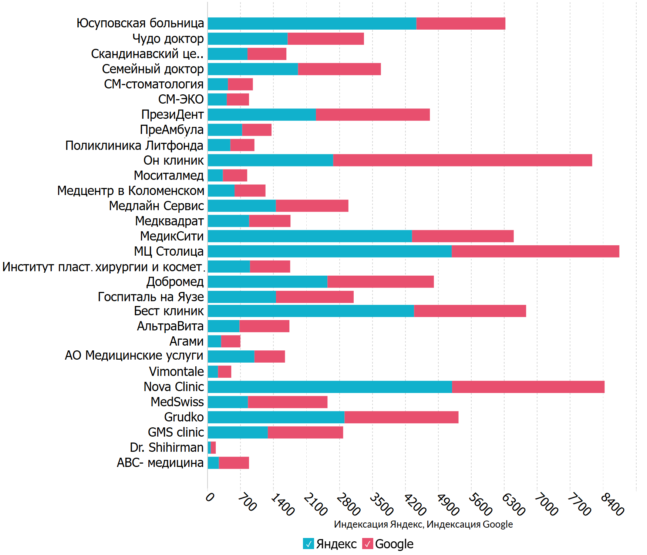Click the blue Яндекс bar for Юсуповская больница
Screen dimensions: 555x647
(312, 23)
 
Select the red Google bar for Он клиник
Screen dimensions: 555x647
(462, 160)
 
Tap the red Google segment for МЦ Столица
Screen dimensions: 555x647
(535, 251)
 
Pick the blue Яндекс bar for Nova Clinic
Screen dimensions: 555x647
(330, 387)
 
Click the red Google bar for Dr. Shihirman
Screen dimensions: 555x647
(213, 447)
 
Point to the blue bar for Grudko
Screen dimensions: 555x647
(276, 417)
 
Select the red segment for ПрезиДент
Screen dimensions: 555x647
(373, 114)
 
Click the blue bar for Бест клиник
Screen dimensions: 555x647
(311, 311)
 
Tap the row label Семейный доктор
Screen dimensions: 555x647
(153, 69)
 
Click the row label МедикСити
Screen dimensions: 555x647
(172, 236)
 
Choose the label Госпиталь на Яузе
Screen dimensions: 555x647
(151, 297)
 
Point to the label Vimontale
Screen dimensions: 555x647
(176, 371)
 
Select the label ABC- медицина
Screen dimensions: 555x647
(160, 462)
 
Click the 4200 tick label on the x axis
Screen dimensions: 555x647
(414, 504)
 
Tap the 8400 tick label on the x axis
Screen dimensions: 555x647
(612, 504)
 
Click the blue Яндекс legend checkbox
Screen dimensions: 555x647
(308, 544)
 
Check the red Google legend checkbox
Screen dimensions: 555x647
(367, 544)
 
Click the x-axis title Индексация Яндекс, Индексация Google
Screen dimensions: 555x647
(423, 524)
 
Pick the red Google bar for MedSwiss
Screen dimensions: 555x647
(287, 402)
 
